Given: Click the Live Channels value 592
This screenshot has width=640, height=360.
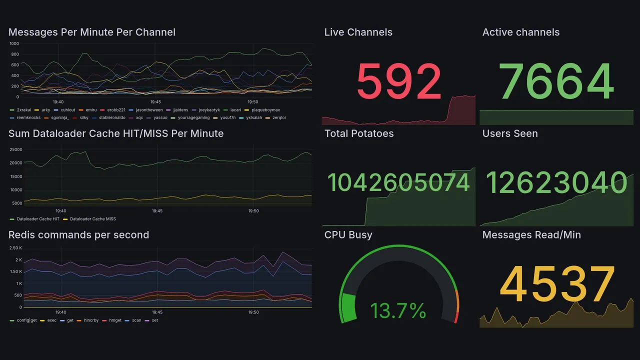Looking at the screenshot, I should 399,81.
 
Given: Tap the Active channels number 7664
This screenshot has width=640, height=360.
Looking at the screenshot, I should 556,81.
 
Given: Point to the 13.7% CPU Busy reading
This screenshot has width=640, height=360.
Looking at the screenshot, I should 398,311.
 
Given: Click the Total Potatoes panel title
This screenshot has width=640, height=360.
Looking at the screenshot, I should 359,133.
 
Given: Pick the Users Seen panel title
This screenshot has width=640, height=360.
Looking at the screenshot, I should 510,133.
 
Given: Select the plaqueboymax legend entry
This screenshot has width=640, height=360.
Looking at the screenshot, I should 265,110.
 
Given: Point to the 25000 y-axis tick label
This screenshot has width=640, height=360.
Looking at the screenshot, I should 16,149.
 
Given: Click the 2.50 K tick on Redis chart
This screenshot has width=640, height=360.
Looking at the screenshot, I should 15,248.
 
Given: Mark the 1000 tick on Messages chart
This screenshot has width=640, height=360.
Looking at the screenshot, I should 14,44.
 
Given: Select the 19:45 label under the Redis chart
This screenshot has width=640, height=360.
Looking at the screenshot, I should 157,312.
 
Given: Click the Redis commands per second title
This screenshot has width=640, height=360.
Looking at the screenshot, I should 78,235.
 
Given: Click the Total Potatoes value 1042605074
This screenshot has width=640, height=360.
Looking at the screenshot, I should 398,183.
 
